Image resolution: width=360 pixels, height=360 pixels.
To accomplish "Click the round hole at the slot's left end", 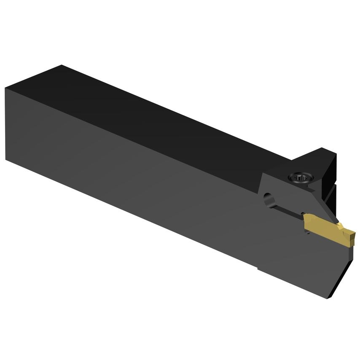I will click(x=268, y=197).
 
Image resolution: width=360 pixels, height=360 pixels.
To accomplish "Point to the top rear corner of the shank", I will click(x=62, y=65).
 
